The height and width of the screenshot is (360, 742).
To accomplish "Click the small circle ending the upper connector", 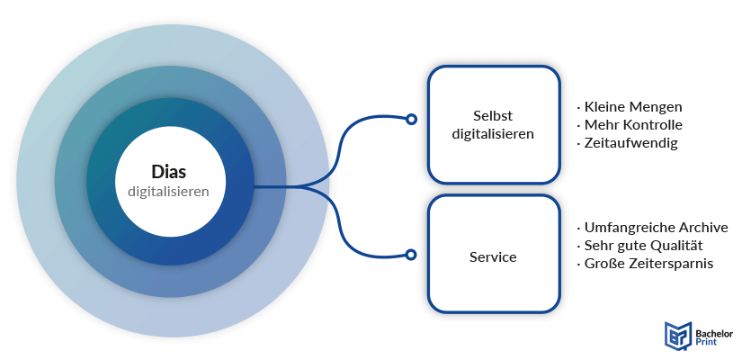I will tap(411, 119).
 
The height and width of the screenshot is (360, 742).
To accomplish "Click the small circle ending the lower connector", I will tap(411, 255).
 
